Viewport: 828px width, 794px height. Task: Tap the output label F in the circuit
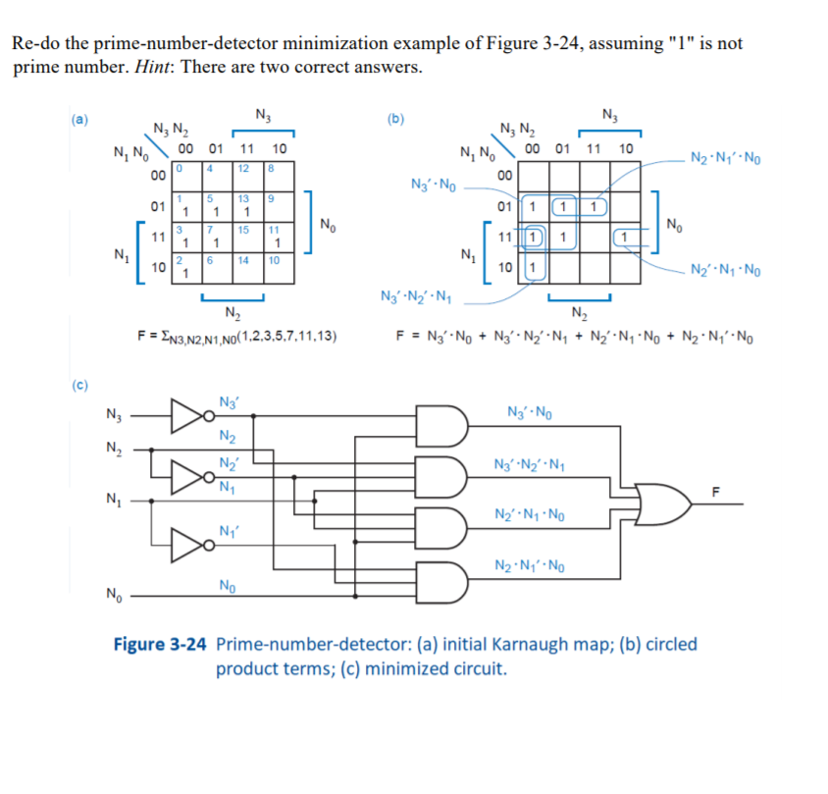pos(715,491)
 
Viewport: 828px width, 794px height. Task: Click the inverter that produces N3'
pos(185,416)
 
